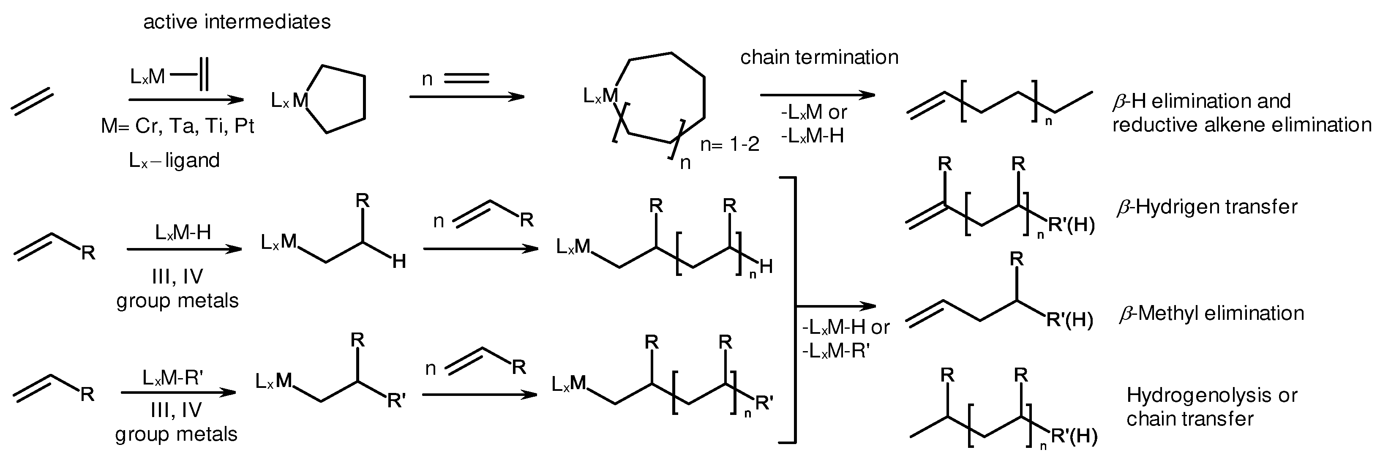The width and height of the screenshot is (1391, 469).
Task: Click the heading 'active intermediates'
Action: (x=237, y=22)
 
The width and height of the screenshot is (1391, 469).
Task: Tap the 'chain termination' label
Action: (x=818, y=57)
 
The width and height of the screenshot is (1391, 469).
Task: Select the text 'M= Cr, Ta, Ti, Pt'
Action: (x=177, y=126)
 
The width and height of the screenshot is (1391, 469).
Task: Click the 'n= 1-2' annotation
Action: (x=730, y=144)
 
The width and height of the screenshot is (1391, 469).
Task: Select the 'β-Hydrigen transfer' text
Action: (x=1206, y=207)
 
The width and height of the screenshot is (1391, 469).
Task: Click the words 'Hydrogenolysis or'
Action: (x=1211, y=395)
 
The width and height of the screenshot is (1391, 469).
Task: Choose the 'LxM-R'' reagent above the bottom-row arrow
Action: (x=173, y=378)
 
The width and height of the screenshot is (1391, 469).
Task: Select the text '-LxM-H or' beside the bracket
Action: (x=846, y=327)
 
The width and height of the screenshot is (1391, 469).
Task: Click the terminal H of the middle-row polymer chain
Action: (x=766, y=267)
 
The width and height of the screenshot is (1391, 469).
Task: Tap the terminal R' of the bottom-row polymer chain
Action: (x=764, y=403)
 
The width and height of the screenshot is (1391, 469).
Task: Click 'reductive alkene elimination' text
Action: (x=1241, y=125)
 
